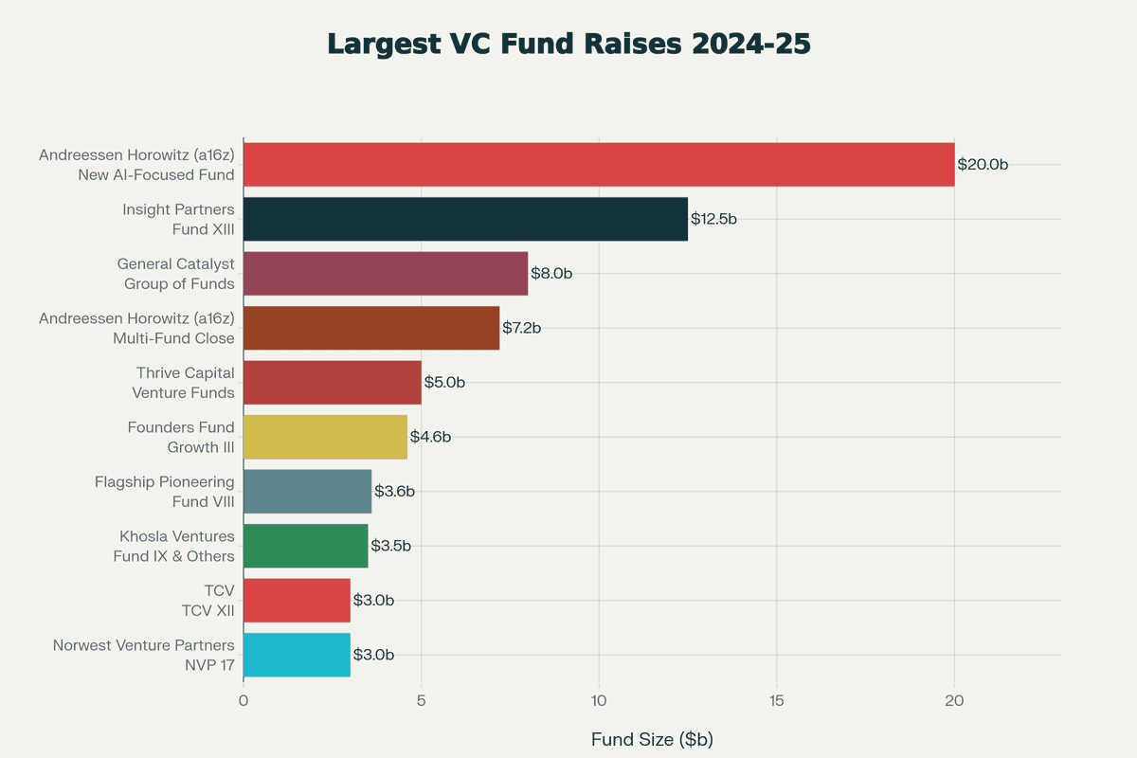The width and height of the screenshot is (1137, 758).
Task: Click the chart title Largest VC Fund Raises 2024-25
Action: [x=568, y=45]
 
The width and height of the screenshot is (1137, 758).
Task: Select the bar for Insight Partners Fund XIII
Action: [x=465, y=219]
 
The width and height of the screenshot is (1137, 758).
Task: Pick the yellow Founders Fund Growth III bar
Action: [x=325, y=437]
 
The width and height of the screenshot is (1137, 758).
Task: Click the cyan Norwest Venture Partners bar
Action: [x=297, y=655]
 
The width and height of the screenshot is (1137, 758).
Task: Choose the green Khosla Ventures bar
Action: [x=305, y=546]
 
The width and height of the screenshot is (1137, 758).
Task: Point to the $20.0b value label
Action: [x=983, y=165]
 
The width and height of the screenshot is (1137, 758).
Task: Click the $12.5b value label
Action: [x=713, y=219]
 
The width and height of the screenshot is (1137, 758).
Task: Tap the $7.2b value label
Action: [x=521, y=328]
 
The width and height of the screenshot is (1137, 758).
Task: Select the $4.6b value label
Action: [x=430, y=437]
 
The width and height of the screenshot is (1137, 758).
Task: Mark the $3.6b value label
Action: [x=394, y=491]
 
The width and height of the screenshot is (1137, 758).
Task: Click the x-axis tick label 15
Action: [x=776, y=700]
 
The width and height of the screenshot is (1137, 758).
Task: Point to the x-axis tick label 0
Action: [x=244, y=700]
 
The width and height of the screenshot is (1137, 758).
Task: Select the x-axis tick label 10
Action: [x=599, y=700]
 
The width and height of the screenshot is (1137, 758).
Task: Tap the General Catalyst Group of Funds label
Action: [x=176, y=274]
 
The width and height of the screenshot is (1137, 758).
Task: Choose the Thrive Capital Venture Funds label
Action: [x=184, y=383]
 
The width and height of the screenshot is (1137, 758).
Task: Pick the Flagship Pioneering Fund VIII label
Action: [x=165, y=492]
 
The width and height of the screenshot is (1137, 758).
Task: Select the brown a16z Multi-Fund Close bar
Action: [x=371, y=328]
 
